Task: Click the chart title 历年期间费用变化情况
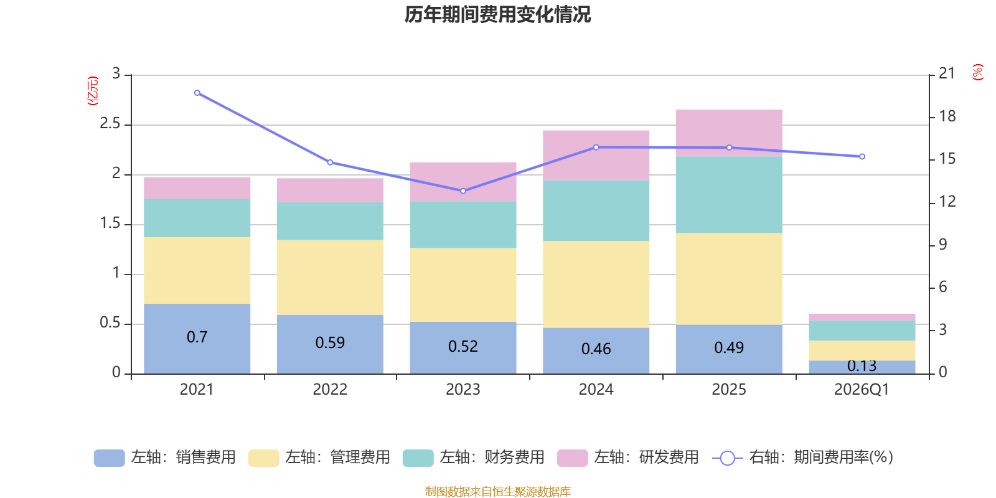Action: point(497,14)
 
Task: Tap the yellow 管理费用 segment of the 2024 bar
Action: point(596,284)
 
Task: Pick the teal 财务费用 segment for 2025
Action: point(728,194)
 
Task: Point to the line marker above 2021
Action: point(197,93)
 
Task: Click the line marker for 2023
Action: point(463,191)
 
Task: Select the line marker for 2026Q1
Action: point(862,157)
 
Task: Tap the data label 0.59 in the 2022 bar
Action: point(330,343)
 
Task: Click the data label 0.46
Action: point(596,349)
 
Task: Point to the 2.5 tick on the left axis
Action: point(110,124)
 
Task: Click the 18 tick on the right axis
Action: point(947,116)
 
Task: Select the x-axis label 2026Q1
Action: point(862,390)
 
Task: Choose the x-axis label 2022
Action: point(330,390)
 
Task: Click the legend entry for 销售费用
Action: point(165,458)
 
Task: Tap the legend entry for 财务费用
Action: point(474,458)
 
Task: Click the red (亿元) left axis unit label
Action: point(93,91)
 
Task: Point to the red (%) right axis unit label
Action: point(977,72)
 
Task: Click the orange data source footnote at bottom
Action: point(497,492)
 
